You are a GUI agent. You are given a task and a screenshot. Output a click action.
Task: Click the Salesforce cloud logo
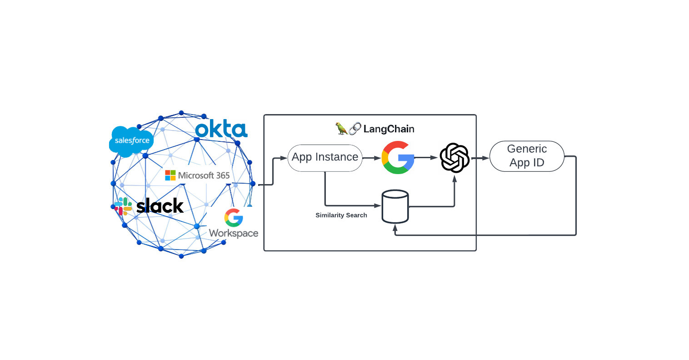[x=131, y=141]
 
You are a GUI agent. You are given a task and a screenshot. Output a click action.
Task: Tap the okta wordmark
[x=221, y=130]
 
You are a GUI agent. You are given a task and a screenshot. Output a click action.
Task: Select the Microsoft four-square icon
[x=170, y=175]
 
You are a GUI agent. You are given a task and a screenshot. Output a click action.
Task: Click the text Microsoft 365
[x=204, y=175]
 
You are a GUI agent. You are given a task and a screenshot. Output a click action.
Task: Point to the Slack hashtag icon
[x=123, y=206]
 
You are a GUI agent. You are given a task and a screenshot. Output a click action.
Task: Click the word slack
[x=160, y=206]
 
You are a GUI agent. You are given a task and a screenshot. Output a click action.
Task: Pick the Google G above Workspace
[x=234, y=218]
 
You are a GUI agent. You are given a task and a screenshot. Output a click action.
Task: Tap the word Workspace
[x=234, y=233]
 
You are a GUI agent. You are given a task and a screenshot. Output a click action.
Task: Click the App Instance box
[x=325, y=158]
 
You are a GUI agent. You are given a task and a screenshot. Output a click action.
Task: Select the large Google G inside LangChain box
[x=398, y=158]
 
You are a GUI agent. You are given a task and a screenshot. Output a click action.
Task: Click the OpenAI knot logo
[x=454, y=158]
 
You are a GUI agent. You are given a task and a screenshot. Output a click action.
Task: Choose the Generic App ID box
[x=527, y=156]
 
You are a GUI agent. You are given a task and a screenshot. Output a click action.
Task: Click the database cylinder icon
[x=395, y=206]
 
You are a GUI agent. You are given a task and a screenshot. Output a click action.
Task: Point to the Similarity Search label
[x=341, y=215]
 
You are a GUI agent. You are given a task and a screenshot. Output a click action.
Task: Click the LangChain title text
[x=389, y=129]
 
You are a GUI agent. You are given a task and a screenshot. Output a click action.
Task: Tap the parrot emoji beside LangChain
[x=341, y=129]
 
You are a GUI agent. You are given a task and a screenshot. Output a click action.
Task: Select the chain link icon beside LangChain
[x=355, y=129]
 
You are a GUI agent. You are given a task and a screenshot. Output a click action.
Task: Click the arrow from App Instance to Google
[x=372, y=158]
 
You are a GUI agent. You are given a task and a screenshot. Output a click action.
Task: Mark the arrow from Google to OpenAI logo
[x=426, y=158]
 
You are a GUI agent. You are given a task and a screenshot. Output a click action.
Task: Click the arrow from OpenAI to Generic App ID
[x=480, y=158]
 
